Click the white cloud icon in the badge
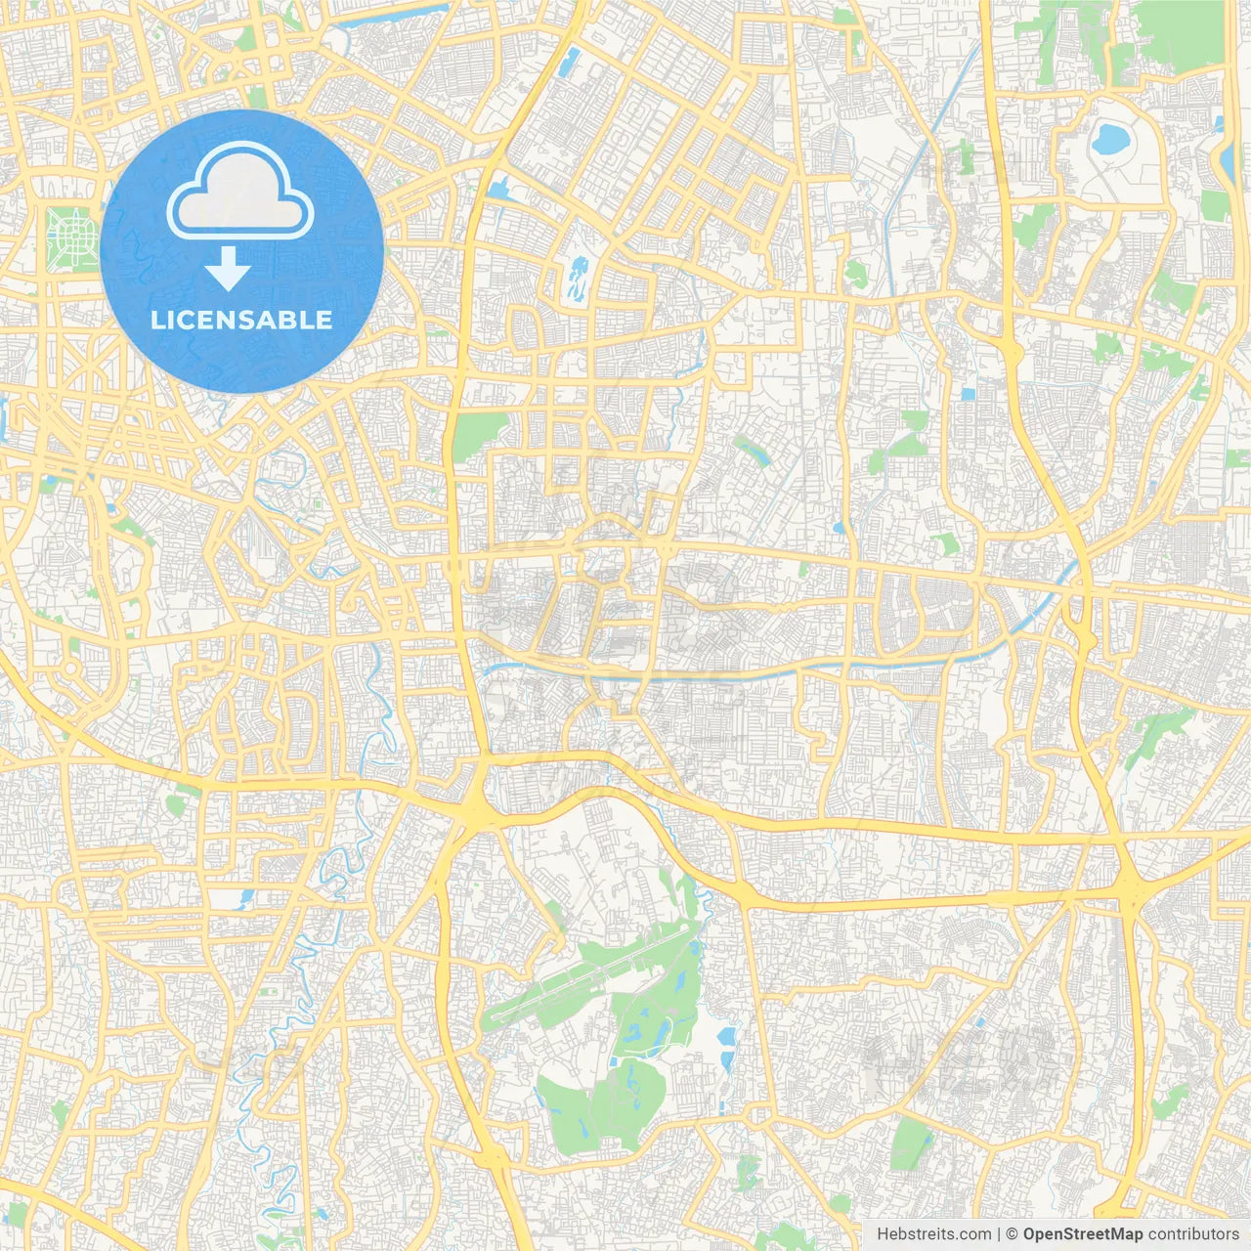239,190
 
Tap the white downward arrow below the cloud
229,269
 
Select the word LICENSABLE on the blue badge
241,320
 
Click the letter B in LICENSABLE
287,320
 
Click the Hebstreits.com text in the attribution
933,1234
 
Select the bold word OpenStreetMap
1082,1234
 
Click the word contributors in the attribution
1192,1234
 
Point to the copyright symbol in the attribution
1013,1234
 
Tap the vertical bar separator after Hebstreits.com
999,1234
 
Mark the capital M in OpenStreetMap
1118,1234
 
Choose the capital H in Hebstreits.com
883,1234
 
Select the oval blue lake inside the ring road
1109,140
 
